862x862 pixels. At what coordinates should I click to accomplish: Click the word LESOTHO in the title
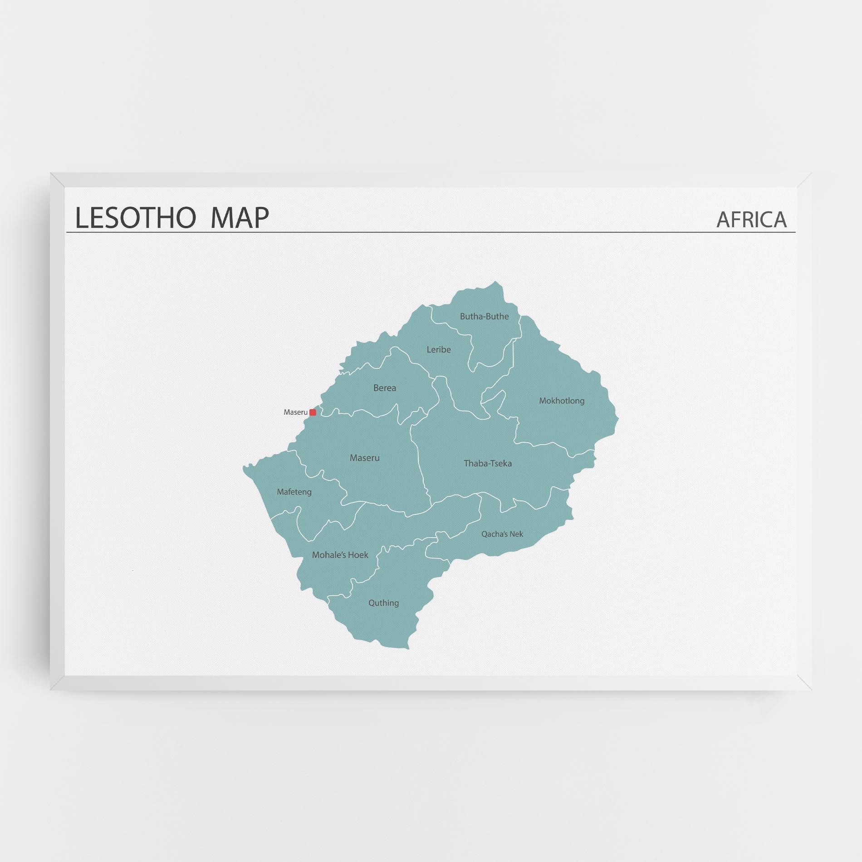pos(135,218)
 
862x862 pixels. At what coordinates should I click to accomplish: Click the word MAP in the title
pos(240,218)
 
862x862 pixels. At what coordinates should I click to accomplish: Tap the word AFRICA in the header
pos(751,220)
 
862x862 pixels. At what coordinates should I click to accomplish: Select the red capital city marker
pos(313,412)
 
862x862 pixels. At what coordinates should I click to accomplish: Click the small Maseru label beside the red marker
pos(295,412)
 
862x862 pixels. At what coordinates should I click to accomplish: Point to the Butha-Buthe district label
pos(484,317)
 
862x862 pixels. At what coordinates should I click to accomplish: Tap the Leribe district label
pos(439,350)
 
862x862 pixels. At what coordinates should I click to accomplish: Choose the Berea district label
pos(384,388)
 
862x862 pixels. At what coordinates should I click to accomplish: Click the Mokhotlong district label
pos(562,401)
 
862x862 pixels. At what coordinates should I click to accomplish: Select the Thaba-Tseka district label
pos(488,464)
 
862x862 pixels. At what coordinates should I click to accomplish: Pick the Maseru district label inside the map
pos(364,458)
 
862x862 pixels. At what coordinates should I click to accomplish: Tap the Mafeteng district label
pos(294,492)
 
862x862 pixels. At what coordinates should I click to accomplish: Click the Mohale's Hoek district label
pos(340,555)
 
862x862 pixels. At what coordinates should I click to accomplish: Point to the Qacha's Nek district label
pos(502,534)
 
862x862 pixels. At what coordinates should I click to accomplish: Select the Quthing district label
pos(383,603)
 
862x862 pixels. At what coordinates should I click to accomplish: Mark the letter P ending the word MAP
pos(260,218)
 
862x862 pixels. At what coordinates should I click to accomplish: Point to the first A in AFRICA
pos(723,220)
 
